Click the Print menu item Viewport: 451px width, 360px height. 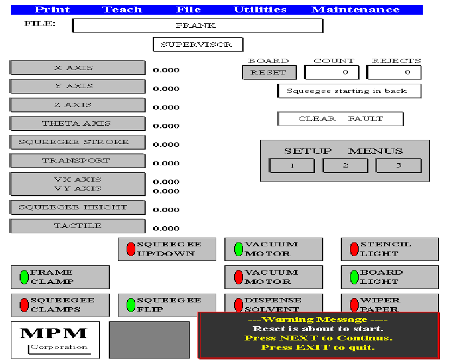[x=52, y=10]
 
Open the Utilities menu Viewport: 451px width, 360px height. [x=260, y=10]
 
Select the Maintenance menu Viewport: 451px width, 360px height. [x=355, y=10]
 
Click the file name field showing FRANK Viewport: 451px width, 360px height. [x=198, y=26]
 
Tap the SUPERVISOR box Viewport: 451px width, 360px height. [x=198, y=45]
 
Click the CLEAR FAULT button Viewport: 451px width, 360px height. [x=340, y=119]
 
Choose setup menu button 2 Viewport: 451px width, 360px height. [x=345, y=165]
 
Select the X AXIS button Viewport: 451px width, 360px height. [x=78, y=68]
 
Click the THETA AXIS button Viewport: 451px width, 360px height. [x=78, y=123]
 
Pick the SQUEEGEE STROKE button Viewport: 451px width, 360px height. [x=78, y=142]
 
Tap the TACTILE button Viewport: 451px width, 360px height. [x=78, y=226]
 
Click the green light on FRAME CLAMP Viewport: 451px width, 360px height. [x=24, y=277]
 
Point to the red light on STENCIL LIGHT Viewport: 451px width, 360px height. [x=354, y=249]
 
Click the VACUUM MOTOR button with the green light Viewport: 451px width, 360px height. [x=273, y=249]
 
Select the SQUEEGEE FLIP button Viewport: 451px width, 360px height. [x=167, y=305]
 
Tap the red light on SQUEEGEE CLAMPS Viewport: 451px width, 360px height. [x=24, y=305]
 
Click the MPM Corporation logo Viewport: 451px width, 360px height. [x=55, y=339]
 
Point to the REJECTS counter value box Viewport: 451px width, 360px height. [x=394, y=72]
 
